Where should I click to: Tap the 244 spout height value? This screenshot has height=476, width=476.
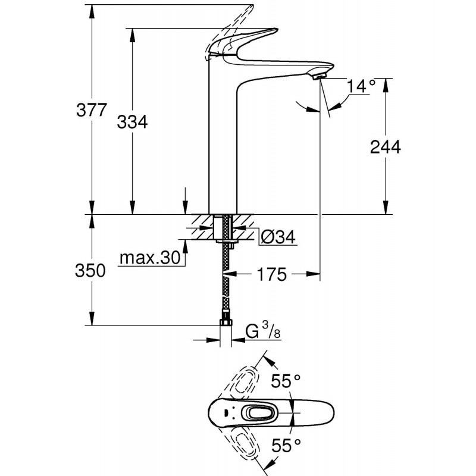pos(386,147)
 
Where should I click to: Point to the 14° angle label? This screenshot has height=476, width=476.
pos(361,87)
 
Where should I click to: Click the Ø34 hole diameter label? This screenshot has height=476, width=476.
pos(278,237)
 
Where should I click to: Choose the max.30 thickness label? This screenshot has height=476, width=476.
pos(149,258)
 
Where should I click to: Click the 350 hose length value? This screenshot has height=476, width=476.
pos(92,271)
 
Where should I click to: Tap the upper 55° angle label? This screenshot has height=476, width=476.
pos(286,381)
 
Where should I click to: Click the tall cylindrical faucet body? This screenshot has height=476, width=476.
pos(221,143)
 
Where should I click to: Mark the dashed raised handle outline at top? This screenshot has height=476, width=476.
pos(235,21)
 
